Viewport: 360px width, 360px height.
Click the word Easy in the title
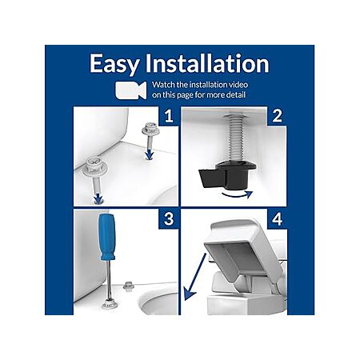(x=114, y=64)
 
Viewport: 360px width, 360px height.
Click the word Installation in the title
(x=207, y=63)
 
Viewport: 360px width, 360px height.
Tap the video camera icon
(x=131, y=90)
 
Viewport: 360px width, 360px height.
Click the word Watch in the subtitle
(x=163, y=85)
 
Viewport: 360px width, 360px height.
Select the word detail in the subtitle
(x=235, y=94)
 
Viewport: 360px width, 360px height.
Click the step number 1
(x=169, y=116)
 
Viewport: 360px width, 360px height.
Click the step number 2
(x=277, y=116)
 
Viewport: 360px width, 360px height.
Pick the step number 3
(x=169, y=219)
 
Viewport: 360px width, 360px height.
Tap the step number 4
(x=278, y=219)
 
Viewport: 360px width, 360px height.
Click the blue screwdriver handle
(x=107, y=237)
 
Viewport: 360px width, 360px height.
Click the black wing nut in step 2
(x=226, y=174)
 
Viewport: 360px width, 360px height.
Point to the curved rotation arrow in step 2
(x=238, y=195)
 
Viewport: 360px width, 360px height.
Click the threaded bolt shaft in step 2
(x=237, y=139)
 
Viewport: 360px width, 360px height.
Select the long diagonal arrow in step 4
(x=195, y=277)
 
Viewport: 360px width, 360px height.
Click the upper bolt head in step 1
(x=150, y=129)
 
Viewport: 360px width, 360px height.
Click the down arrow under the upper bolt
(x=150, y=154)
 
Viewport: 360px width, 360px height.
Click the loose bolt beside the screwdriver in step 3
(x=128, y=286)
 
